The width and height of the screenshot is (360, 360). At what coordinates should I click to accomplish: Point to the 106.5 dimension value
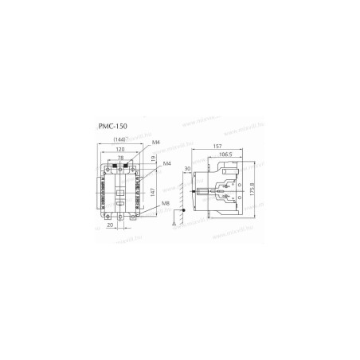226,156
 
